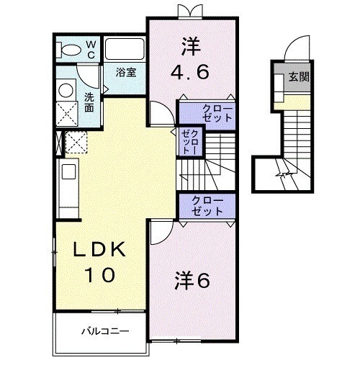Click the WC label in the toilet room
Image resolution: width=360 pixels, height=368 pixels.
click(91, 49)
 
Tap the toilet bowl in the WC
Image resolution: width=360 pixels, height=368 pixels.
click(71, 50)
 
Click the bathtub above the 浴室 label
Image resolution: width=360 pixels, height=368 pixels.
click(126, 50)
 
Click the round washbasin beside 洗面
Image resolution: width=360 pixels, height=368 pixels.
click(66, 91)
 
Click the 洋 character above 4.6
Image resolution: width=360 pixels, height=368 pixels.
click(189, 45)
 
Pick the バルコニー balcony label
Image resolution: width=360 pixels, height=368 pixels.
click(104, 333)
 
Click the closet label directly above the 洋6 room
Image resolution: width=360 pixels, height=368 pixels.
click(207, 206)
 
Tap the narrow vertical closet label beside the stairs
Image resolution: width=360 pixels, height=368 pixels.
click(189, 143)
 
